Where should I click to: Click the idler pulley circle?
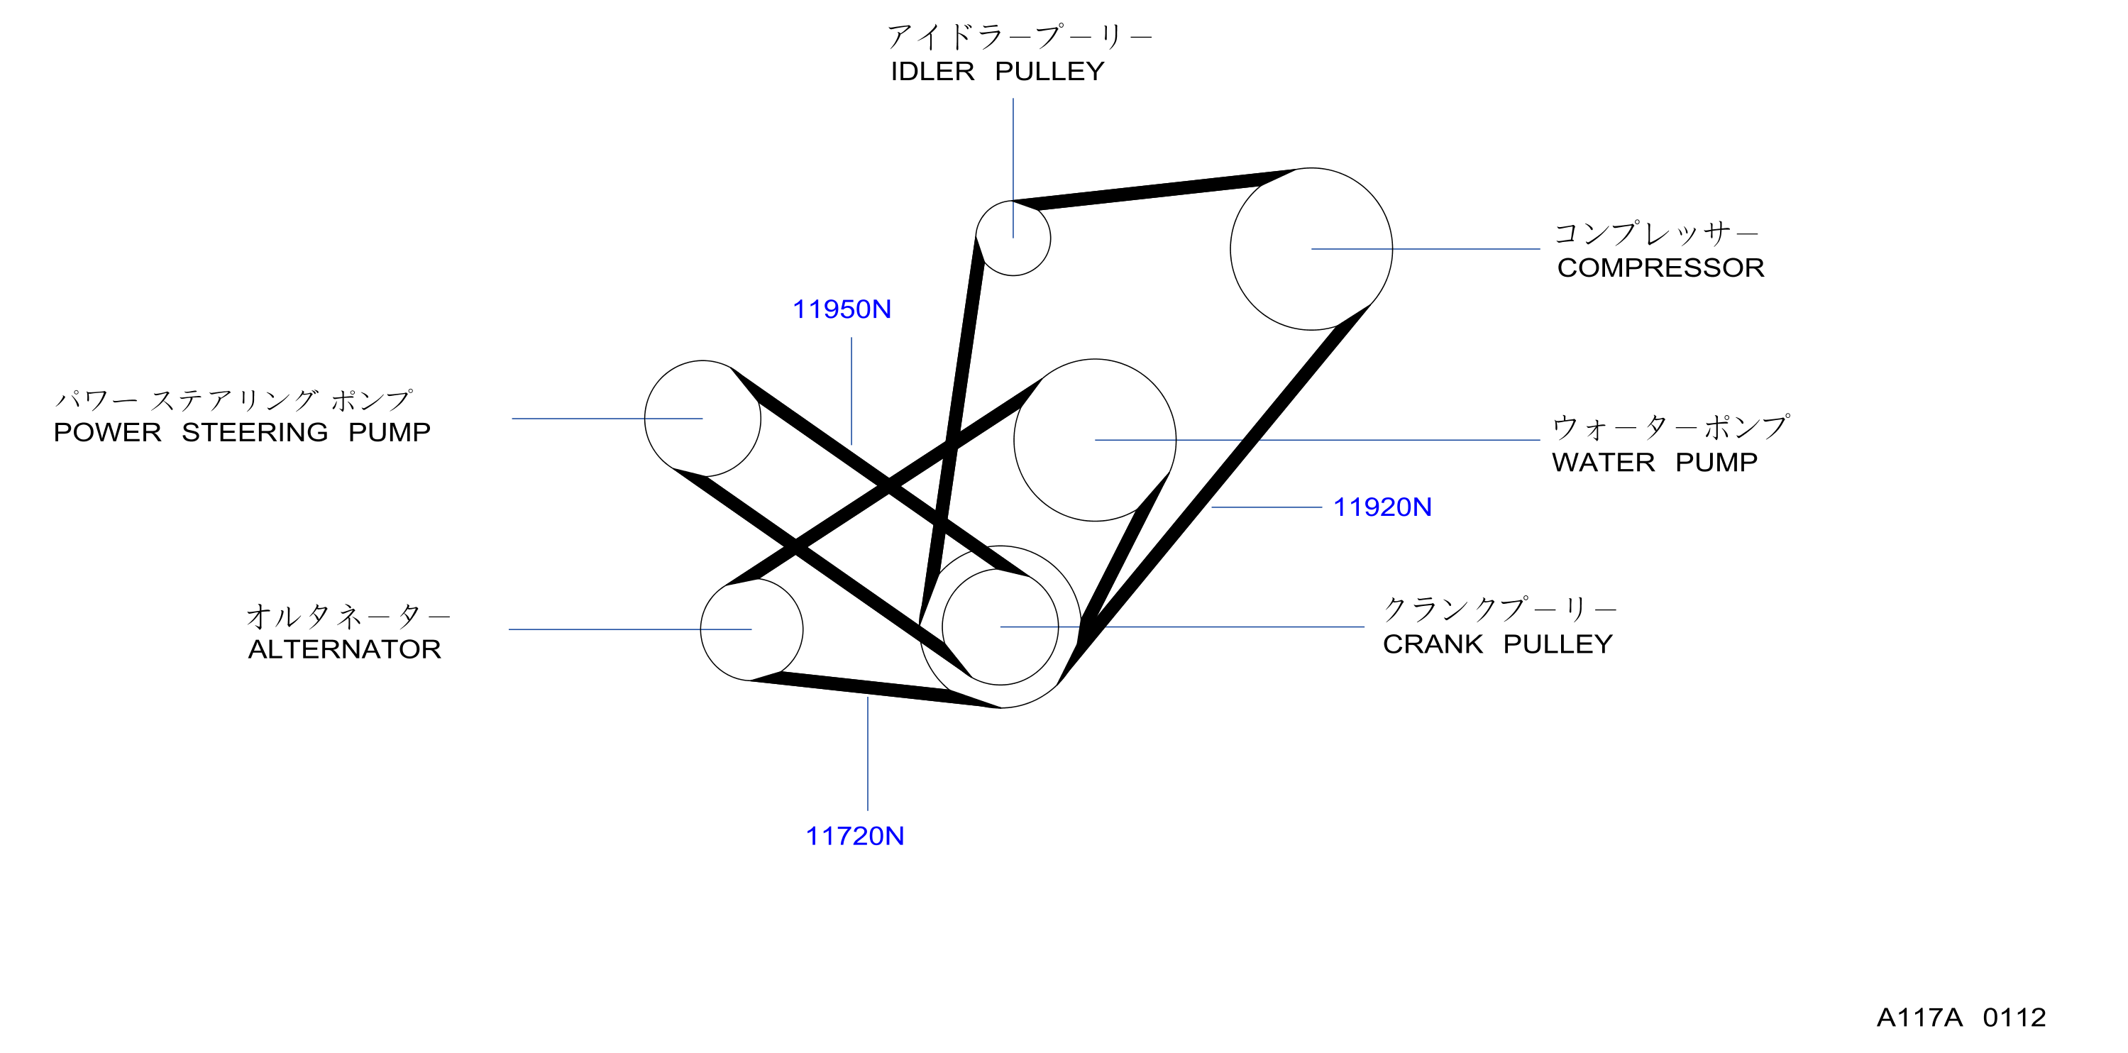[x=1050, y=238]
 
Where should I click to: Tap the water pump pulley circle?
[x=1176, y=440]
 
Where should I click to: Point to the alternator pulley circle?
[x=802, y=629]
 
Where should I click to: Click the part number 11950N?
[x=842, y=309]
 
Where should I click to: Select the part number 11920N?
[x=1382, y=507]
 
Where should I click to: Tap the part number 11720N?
[x=855, y=837]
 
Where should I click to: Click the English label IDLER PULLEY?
[x=997, y=72]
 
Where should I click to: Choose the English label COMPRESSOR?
[x=1660, y=268]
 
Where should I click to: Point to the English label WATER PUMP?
[x=1655, y=463]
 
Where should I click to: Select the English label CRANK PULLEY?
[x=1498, y=644]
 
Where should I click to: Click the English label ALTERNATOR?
[x=344, y=649]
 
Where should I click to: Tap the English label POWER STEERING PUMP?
[x=242, y=432]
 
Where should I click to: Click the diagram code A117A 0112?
[x=1961, y=1018]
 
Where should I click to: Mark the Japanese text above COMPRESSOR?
[x=1656, y=233]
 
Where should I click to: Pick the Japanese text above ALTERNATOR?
[x=348, y=616]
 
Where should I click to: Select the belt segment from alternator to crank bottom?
[x=875, y=690]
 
